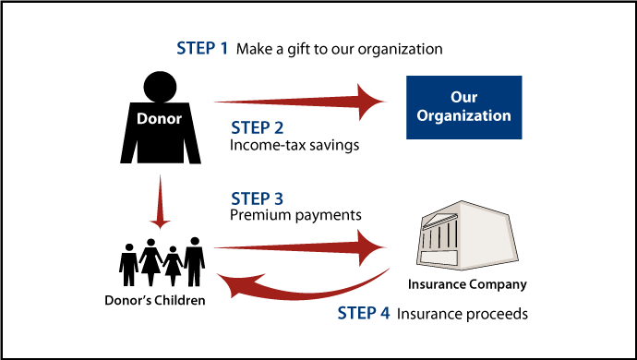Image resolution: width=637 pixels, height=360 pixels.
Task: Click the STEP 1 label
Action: (x=201, y=48)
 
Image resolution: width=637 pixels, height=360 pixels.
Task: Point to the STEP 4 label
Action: (x=362, y=314)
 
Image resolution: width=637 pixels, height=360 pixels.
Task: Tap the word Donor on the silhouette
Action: (x=160, y=119)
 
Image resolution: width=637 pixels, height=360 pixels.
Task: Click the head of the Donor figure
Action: (x=161, y=88)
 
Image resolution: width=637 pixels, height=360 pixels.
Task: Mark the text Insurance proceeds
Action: (x=463, y=314)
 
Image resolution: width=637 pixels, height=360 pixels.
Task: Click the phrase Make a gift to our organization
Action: (x=339, y=48)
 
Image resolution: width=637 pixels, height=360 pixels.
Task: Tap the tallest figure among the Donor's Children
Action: (x=193, y=262)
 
